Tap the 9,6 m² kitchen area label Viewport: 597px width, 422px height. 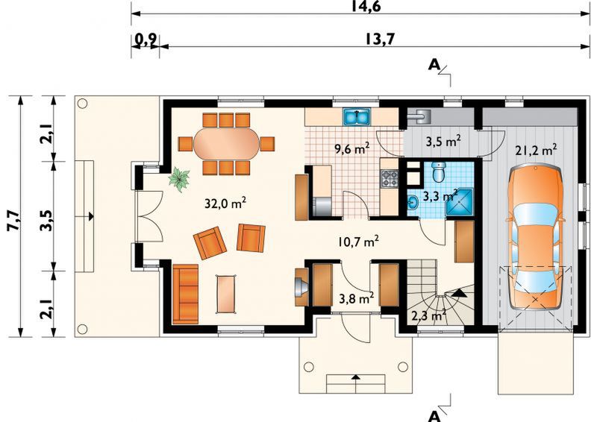click(x=351, y=148)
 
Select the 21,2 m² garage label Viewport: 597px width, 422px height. click(x=536, y=150)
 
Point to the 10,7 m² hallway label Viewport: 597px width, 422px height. click(x=358, y=242)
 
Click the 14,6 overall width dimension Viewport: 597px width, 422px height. click(x=366, y=6)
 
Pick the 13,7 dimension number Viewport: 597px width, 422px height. click(x=381, y=39)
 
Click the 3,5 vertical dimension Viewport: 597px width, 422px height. click(x=46, y=220)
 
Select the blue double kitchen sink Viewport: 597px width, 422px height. click(x=357, y=117)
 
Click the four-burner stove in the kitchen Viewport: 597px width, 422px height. click(x=390, y=178)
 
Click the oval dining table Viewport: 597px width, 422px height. click(x=227, y=144)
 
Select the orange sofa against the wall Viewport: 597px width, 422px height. click(x=185, y=295)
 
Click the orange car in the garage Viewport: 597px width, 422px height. click(x=536, y=237)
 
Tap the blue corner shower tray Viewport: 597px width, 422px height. click(x=459, y=201)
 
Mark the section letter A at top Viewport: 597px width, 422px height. click(x=434, y=66)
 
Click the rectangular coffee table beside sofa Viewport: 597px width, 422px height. click(x=227, y=295)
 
